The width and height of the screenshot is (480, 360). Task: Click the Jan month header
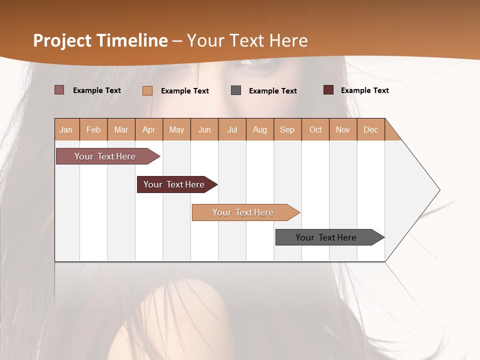point(66,129)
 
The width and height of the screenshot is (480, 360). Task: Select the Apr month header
point(149,129)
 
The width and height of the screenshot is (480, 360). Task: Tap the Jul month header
point(232,129)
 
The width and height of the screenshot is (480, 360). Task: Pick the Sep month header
point(287,129)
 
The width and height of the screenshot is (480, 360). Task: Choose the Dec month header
point(370,129)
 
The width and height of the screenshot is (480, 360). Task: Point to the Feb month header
point(93,129)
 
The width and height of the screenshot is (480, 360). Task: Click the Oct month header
point(315,129)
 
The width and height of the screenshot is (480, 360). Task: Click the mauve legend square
point(59,90)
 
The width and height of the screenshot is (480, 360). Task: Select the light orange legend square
point(147,90)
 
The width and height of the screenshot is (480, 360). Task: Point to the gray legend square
point(236,90)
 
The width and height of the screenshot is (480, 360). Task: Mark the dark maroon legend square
point(328,90)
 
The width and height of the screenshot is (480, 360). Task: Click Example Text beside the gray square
point(272,91)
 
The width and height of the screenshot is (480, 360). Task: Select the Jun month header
point(204,129)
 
